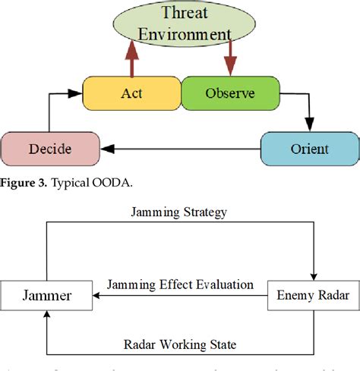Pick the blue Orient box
point(308,148)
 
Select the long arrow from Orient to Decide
point(182,149)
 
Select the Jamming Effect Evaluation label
point(178,285)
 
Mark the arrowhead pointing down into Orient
point(309,126)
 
